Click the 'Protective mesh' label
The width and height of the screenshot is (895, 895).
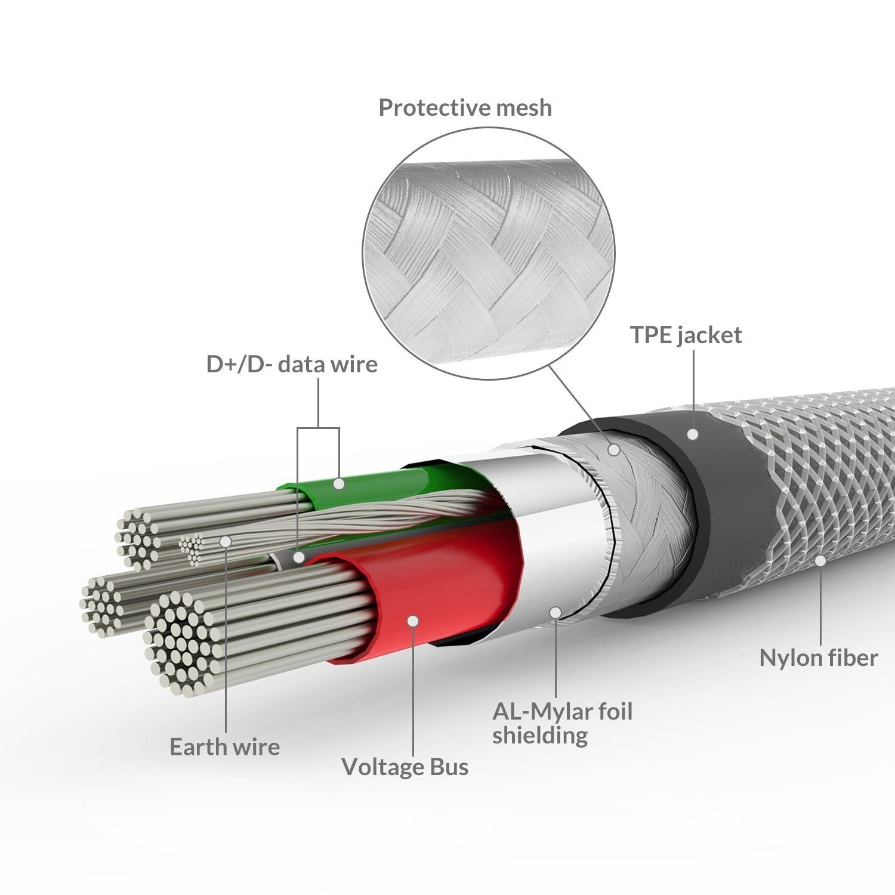click(465, 107)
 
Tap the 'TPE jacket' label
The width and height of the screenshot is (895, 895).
click(686, 335)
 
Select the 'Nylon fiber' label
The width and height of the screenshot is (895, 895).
click(819, 658)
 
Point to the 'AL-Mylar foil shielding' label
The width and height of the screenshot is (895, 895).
click(563, 723)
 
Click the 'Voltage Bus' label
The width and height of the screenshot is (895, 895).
click(405, 767)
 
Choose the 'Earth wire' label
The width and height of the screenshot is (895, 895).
click(225, 747)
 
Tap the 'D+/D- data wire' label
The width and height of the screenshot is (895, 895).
click(292, 364)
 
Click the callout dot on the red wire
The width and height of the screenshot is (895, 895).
click(412, 621)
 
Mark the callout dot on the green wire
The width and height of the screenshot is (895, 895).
click(339, 483)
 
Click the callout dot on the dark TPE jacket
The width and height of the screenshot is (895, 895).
click(693, 434)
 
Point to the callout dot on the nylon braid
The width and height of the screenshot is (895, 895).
click(820, 561)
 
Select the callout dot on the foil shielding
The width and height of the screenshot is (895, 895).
click(555, 612)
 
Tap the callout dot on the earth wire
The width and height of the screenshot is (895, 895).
click(226, 541)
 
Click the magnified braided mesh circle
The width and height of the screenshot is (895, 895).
click(489, 253)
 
